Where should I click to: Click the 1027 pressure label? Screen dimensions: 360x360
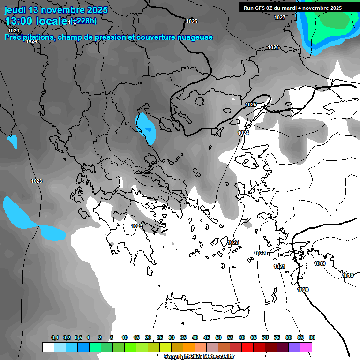click(x=280, y=17)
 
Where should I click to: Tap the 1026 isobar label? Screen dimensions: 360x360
click(x=273, y=47)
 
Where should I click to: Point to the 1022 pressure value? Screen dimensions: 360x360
click(x=260, y=253)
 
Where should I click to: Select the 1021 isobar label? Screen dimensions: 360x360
click(x=279, y=266)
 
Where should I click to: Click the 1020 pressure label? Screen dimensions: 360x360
click(x=303, y=290)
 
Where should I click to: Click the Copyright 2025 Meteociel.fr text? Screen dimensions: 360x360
click(x=199, y=357)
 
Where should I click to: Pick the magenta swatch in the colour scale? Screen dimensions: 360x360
click(x=306, y=347)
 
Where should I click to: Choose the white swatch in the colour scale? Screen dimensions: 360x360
click(x=48, y=347)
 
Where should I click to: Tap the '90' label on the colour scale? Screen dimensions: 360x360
click(x=312, y=337)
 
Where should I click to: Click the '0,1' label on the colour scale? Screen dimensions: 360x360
click(x=55, y=337)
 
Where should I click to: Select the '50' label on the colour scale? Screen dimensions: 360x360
click(x=218, y=337)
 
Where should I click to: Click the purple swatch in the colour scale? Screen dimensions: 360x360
click(x=294, y=347)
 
